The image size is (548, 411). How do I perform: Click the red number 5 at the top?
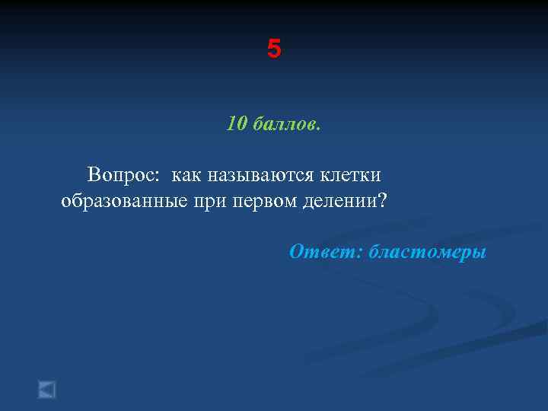pos(274,49)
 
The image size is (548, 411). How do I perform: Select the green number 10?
pos(236,124)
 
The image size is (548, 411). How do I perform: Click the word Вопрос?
pos(122,175)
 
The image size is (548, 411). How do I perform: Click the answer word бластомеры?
pos(427,253)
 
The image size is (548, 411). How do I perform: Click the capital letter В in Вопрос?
pos(93,175)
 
